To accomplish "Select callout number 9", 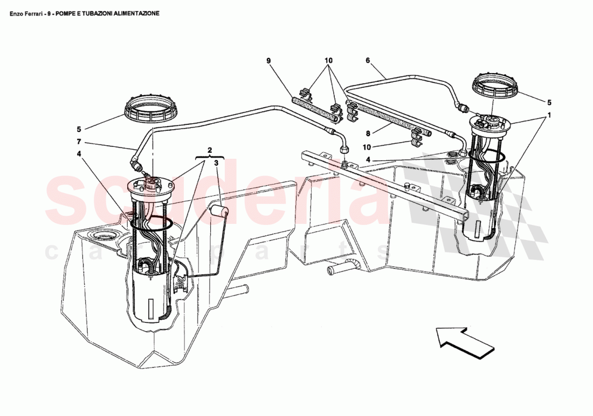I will pyautogui.click(x=268, y=61).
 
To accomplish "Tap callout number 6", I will pyautogui.click(x=368, y=61).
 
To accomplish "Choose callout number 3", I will pyautogui.click(x=217, y=162).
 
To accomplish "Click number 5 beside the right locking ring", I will pyautogui.click(x=549, y=102).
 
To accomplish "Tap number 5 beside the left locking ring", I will pyautogui.click(x=79, y=129).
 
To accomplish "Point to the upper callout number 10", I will pyautogui.click(x=329, y=61).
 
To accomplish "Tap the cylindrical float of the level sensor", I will pyautogui.click(x=219, y=211).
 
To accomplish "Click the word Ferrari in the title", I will pyautogui.click(x=36, y=13).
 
